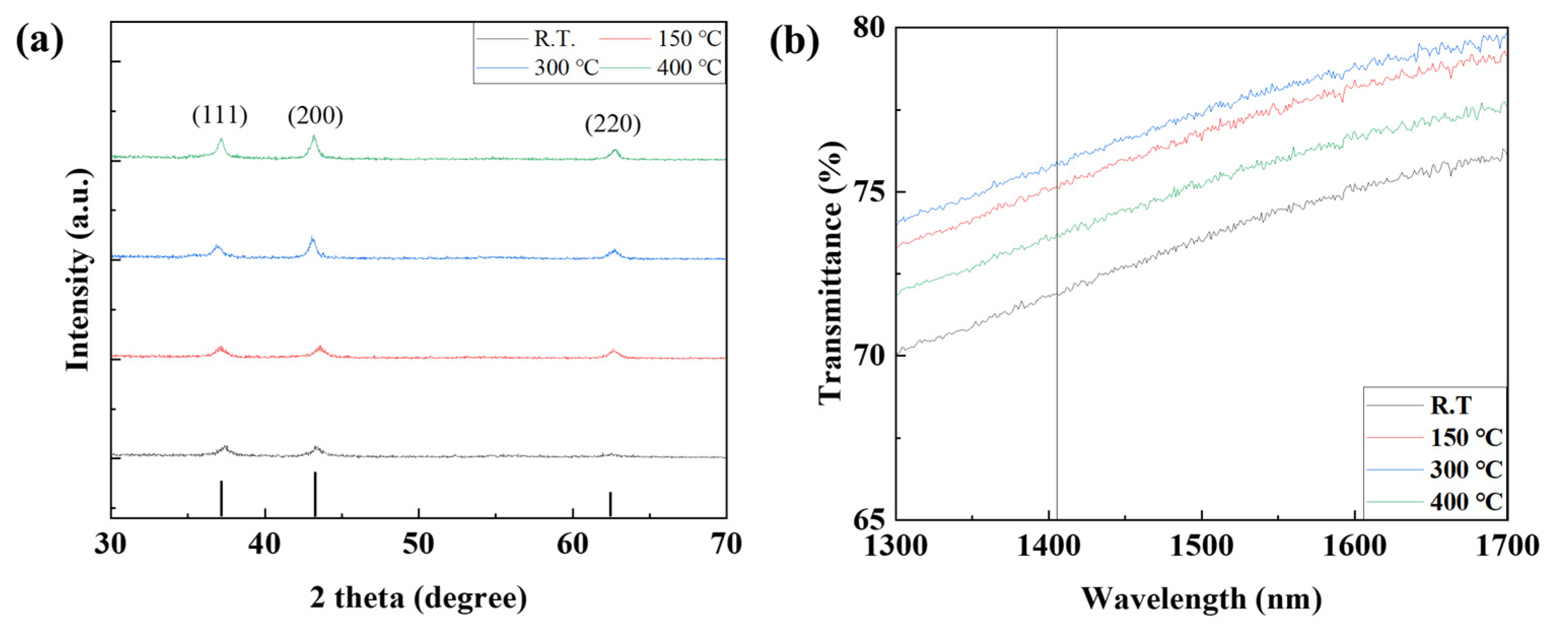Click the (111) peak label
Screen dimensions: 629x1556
220,116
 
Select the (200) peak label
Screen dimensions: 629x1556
315,116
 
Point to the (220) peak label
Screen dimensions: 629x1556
613,124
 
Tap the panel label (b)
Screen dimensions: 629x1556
794,42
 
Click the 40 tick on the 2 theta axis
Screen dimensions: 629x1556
265,544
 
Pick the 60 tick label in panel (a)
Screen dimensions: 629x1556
572,544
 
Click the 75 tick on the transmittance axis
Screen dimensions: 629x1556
867,192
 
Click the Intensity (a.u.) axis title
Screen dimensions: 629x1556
79,269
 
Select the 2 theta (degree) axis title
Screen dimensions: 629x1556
418,598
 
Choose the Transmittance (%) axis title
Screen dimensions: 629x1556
831,272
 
